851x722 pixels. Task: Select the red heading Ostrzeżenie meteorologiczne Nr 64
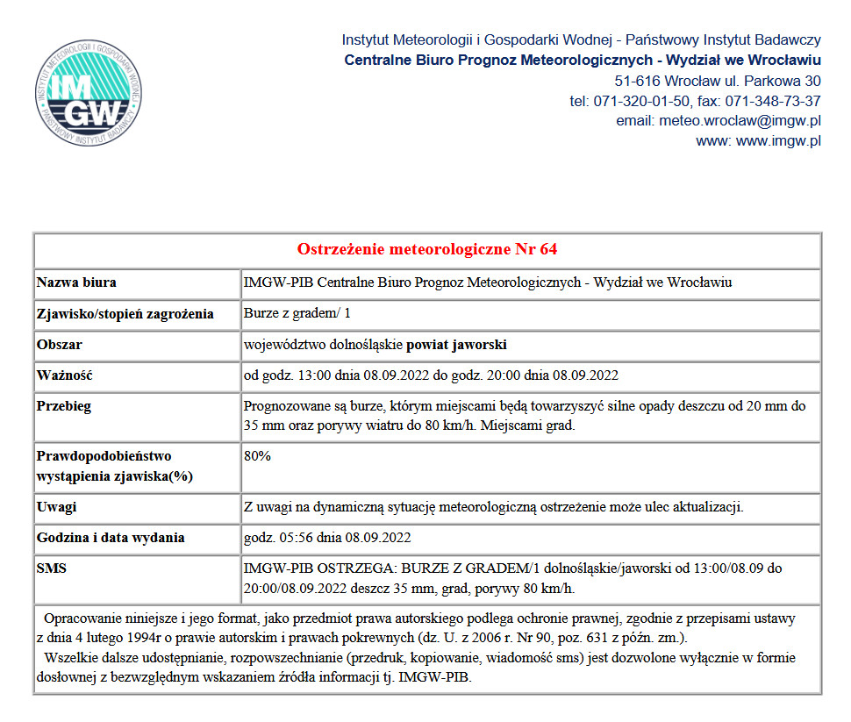[427, 249]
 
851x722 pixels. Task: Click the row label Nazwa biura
[76, 282]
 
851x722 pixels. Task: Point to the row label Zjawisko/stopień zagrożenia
[125, 314]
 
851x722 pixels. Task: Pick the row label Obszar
[60, 345]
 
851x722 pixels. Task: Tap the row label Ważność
[64, 375]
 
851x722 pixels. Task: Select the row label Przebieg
[63, 407]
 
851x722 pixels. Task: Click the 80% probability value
[257, 456]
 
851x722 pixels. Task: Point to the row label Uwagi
[56, 507]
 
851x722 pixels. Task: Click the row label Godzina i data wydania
[111, 538]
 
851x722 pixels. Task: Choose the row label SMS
[52, 568]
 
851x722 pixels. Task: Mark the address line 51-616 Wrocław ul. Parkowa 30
[718, 81]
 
